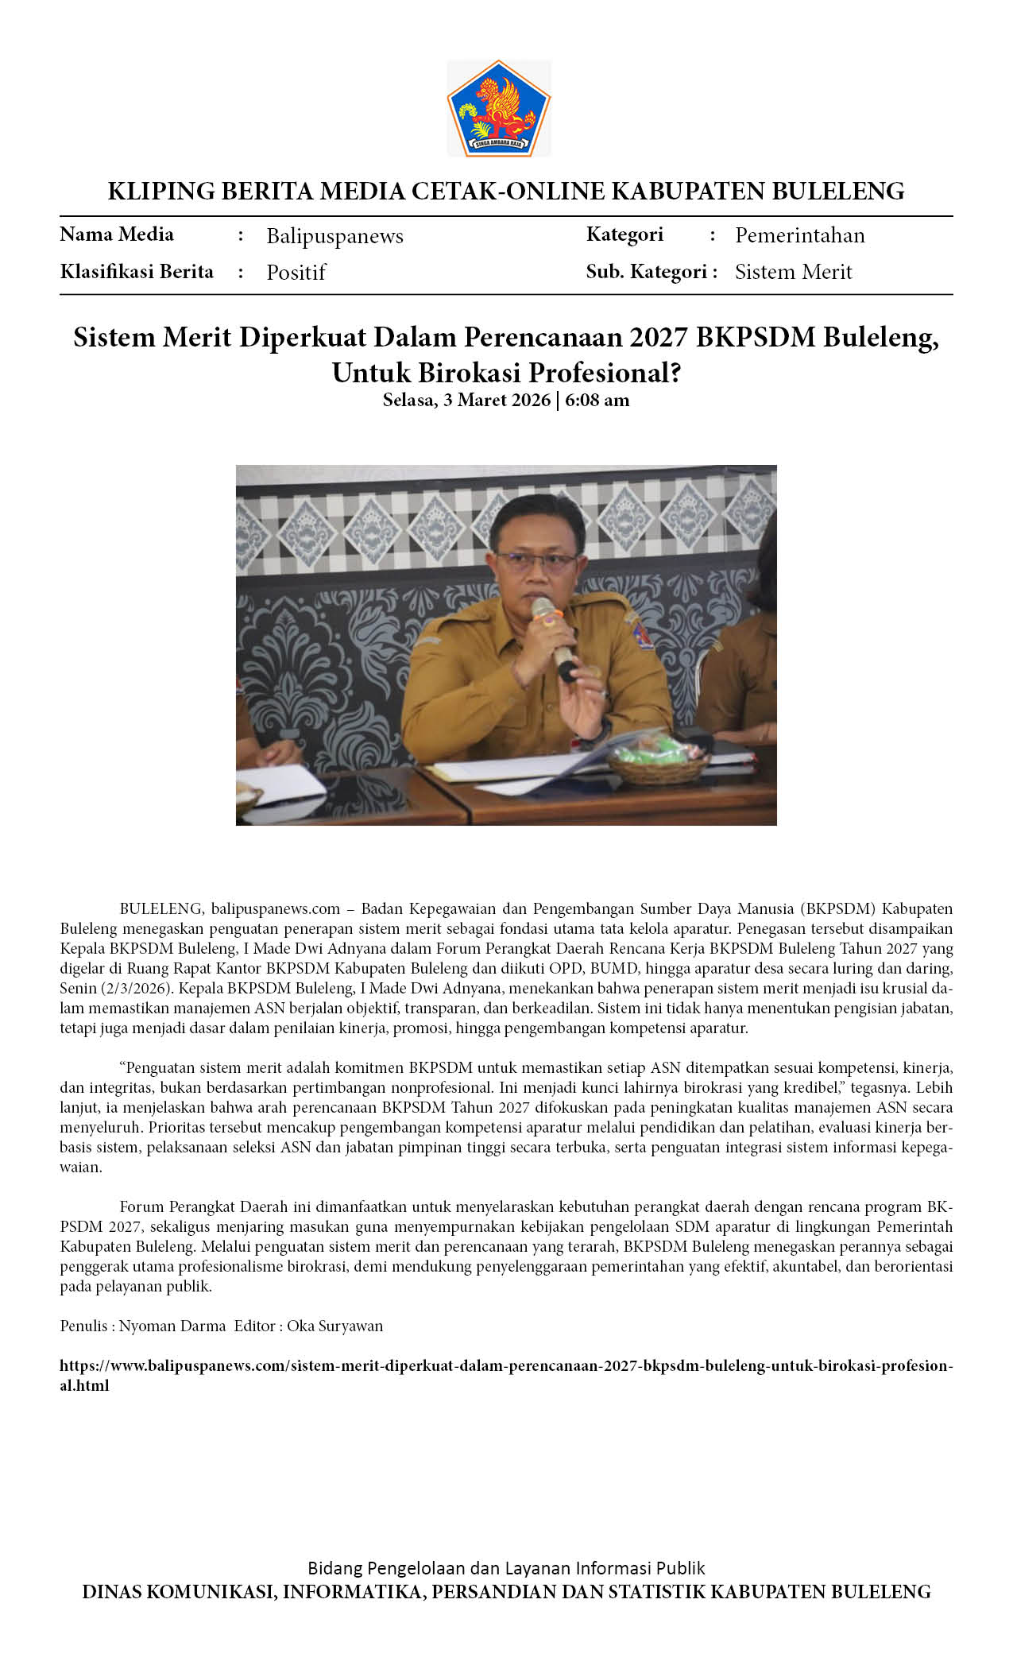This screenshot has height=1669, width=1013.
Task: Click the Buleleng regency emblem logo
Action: click(499, 107)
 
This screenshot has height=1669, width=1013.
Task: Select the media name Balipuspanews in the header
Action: click(334, 236)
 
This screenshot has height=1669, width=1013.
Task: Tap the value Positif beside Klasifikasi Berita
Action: click(296, 273)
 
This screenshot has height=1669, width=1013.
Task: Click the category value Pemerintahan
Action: click(799, 235)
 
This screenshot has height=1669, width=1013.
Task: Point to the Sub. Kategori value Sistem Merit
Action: click(793, 272)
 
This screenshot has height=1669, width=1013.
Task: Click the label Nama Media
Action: click(117, 234)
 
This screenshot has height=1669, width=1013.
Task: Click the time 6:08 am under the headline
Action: click(597, 400)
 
